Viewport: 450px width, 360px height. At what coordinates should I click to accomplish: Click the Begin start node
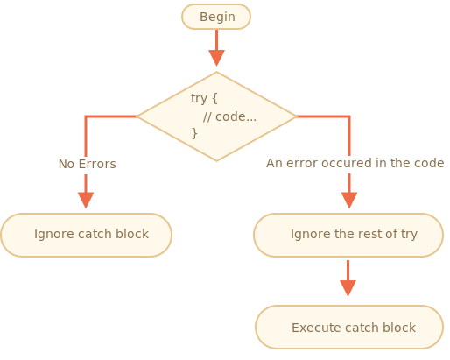pos(216,17)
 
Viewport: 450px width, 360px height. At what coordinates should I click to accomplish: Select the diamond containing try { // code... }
pos(216,116)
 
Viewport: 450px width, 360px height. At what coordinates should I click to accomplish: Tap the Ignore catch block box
pos(86,235)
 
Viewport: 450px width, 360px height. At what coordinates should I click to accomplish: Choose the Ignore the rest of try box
pos(348,235)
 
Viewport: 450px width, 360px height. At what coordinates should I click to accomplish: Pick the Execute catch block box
pos(349,328)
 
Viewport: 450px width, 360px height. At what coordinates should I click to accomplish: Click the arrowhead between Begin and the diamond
pos(216,58)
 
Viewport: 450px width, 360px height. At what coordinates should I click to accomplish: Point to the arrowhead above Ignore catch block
pos(86,200)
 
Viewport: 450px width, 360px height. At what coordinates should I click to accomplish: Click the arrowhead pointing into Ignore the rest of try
pos(349,200)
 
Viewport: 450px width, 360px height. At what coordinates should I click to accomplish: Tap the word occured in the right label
pos(348,163)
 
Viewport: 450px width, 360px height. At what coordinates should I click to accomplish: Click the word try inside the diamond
pos(200,98)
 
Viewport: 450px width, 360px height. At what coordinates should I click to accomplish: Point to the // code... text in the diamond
pos(229,116)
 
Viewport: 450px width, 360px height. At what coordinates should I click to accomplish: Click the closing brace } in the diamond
pos(194,133)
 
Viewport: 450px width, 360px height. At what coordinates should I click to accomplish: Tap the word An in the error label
pos(274,163)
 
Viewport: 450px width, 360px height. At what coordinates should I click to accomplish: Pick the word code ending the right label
pos(429,163)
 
